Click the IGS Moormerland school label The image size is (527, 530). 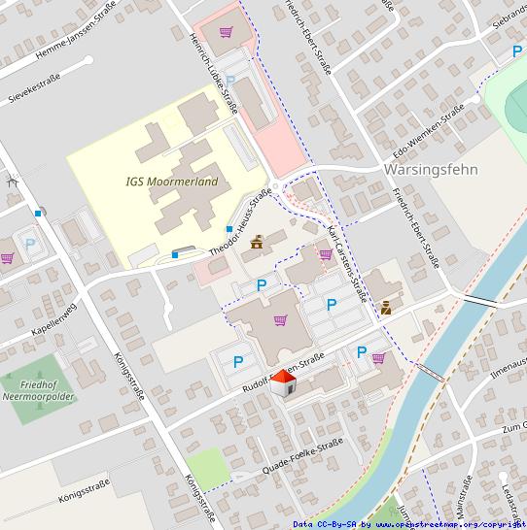click(172, 182)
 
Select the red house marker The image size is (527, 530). click(280, 383)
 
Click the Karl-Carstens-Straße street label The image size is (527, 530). click(345, 262)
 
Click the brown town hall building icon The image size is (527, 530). click(258, 243)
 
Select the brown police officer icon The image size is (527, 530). click(387, 308)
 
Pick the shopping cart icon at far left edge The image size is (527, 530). click(7, 258)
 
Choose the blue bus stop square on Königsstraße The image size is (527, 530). click(38, 213)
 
